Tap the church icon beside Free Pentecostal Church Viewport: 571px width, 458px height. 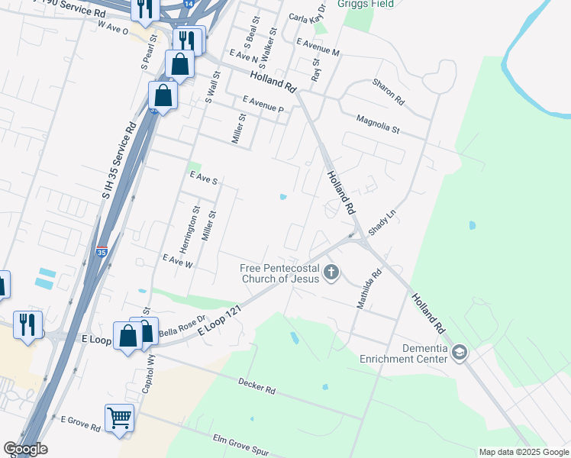pos(331,272)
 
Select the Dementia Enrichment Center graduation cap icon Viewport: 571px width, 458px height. pos(459,353)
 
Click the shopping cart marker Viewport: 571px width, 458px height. pos(119,418)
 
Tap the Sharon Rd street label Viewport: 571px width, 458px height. pos(388,91)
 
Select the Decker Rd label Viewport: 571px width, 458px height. pos(256,385)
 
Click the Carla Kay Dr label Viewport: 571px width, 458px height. pos(308,16)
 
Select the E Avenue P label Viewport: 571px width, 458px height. pos(263,105)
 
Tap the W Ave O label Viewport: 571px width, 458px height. pos(114,25)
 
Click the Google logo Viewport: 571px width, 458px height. pos(25,449)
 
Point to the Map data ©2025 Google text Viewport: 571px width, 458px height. pos(523,452)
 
